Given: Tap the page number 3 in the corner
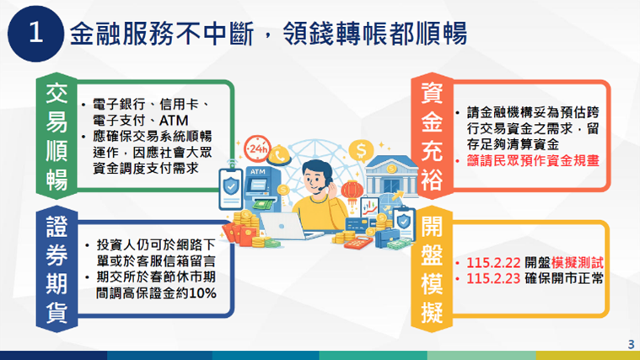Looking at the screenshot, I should click(x=631, y=343).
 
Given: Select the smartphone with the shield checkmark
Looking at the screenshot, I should click(x=230, y=187).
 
